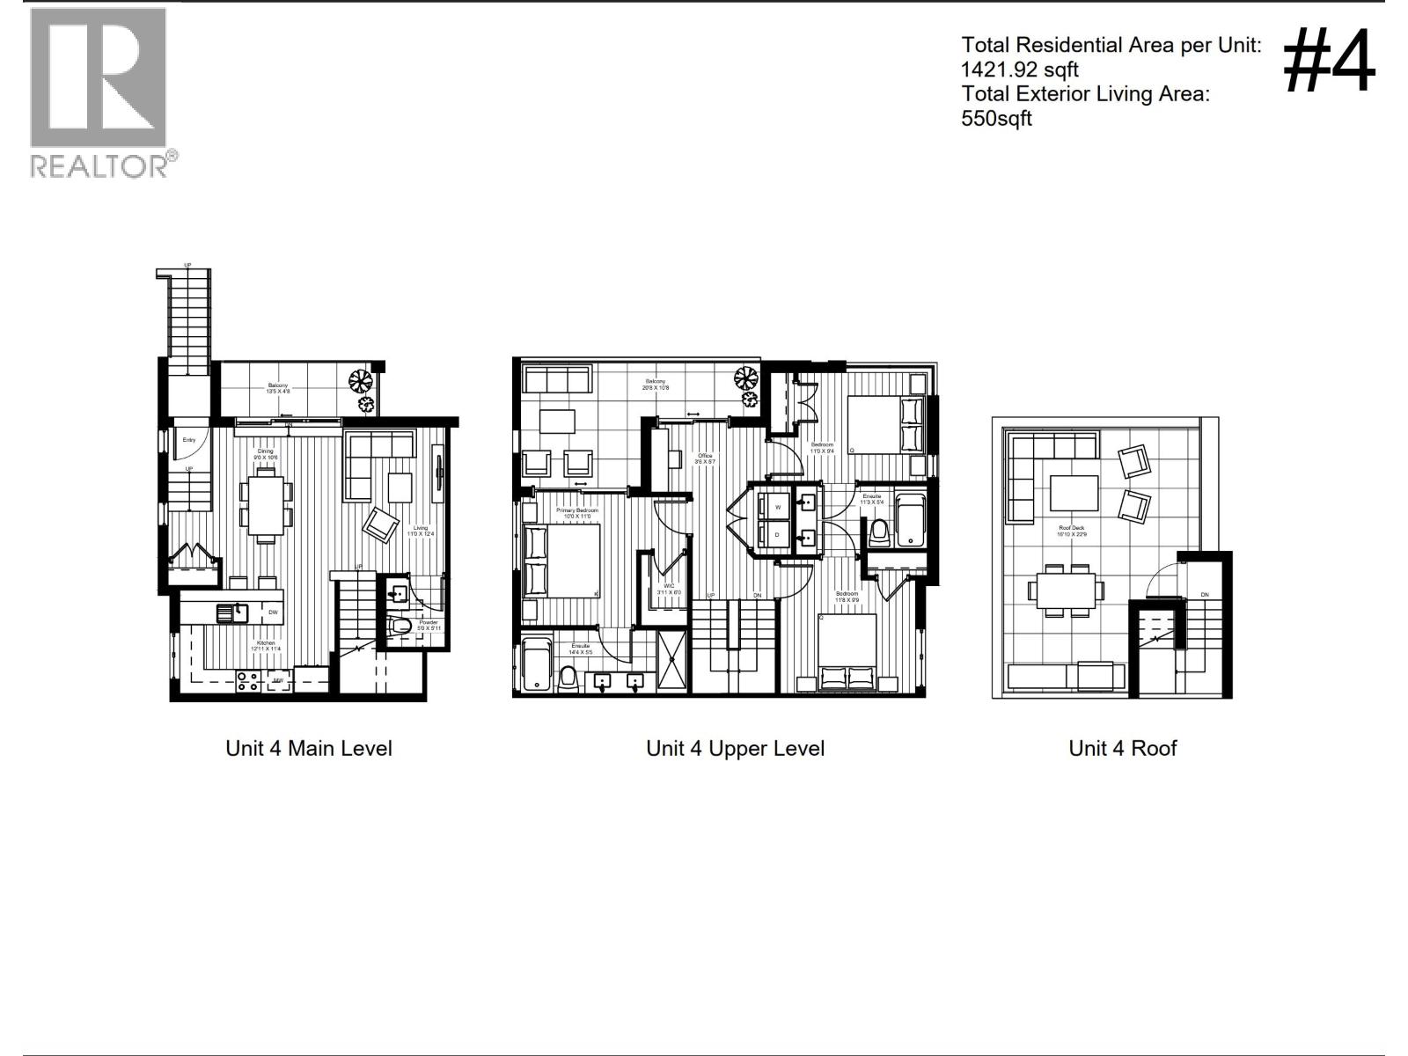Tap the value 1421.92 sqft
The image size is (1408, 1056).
(x=1019, y=70)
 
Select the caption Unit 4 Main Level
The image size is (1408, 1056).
(x=308, y=749)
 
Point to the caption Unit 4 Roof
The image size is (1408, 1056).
(x=1122, y=749)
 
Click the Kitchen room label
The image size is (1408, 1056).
(x=266, y=644)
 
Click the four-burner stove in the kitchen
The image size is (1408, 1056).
(x=248, y=681)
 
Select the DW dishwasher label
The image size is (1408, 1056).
(x=274, y=612)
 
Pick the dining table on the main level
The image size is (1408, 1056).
(x=266, y=504)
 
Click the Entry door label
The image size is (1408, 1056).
(x=189, y=440)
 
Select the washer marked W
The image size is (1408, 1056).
(x=777, y=508)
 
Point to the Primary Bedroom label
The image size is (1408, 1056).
(x=576, y=511)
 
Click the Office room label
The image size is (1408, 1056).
(x=705, y=456)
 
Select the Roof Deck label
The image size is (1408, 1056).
(x=1071, y=529)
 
